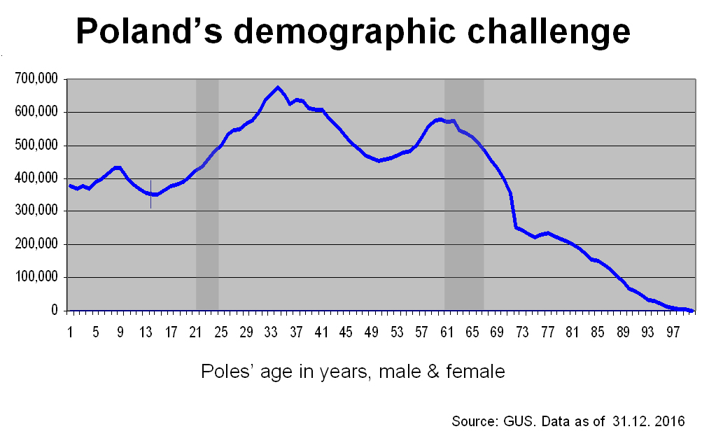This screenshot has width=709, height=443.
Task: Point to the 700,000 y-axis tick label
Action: click(x=36, y=79)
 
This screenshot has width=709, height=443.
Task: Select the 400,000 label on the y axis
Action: click(x=36, y=178)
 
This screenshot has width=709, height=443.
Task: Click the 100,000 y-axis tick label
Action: click(x=36, y=278)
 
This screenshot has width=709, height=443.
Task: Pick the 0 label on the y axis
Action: click(x=54, y=311)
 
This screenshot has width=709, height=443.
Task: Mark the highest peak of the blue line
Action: click(x=278, y=87)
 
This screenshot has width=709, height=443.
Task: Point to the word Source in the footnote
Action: click(x=474, y=421)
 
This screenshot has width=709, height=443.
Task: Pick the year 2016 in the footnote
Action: click(x=670, y=421)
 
